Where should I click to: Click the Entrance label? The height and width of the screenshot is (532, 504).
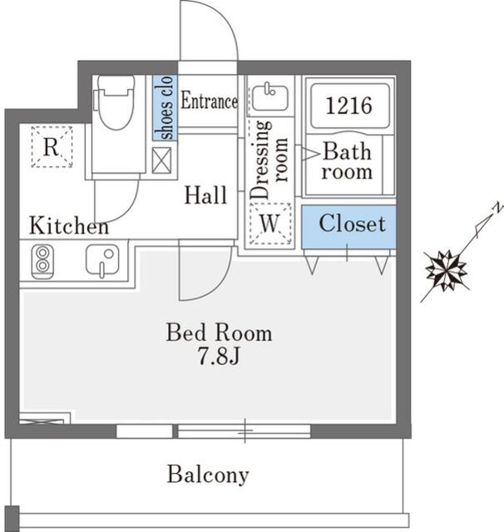[x=209, y=102]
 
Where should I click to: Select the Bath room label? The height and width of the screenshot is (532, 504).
[x=347, y=162]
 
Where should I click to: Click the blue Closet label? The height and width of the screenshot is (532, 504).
[x=353, y=224]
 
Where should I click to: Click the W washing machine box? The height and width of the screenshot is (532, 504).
[x=269, y=224]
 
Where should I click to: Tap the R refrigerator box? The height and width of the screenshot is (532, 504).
[x=52, y=148]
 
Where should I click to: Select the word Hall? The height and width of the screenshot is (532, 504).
[x=205, y=197]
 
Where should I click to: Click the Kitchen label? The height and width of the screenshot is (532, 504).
[x=68, y=225]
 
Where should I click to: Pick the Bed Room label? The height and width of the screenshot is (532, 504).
[x=219, y=333]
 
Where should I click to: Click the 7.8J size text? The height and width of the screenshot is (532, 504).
[x=219, y=357]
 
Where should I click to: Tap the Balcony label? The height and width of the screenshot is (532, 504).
[x=207, y=475]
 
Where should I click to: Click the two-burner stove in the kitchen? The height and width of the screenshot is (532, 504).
[x=41, y=261]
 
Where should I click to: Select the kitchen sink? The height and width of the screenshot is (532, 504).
[x=101, y=261]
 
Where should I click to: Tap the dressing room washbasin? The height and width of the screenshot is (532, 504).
[x=269, y=98]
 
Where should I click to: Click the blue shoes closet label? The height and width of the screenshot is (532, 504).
[x=164, y=108]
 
